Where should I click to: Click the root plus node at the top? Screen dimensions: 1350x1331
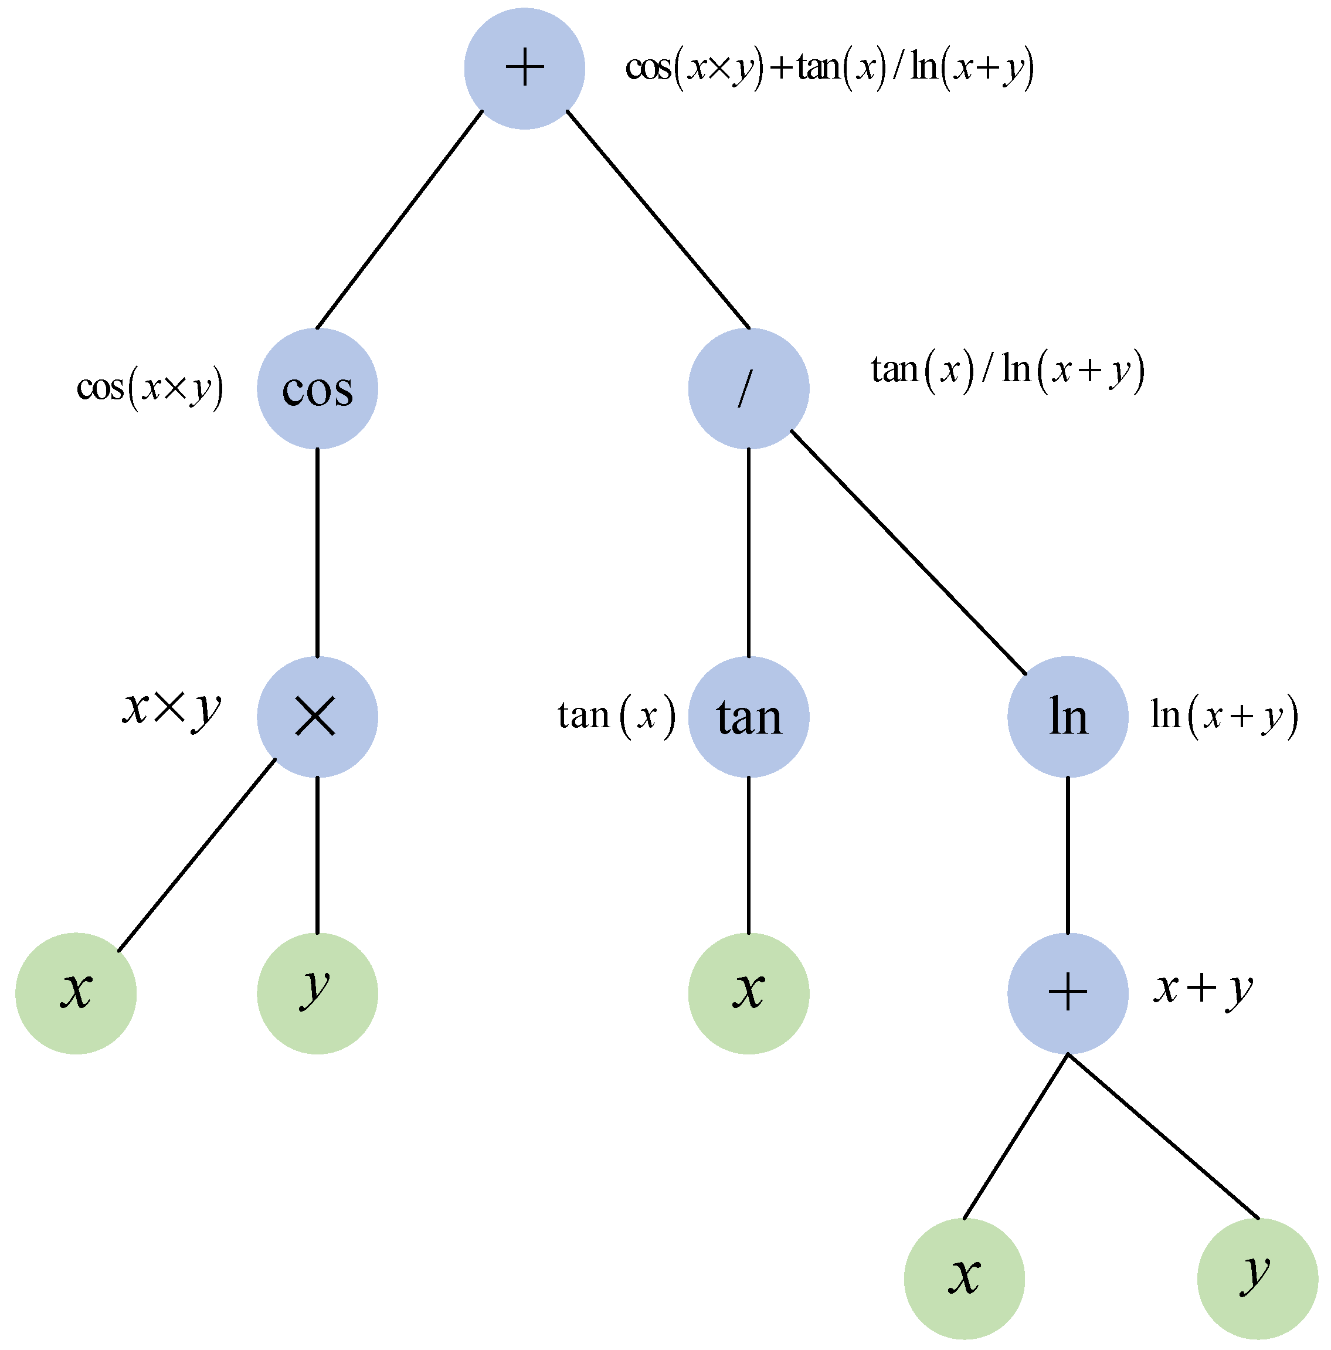coord(524,69)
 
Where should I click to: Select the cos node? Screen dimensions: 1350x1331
coord(317,388)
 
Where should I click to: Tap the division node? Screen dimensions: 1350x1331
coord(748,388)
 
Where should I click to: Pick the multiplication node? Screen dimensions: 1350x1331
coord(317,717)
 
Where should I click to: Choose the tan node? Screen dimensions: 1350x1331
coord(748,717)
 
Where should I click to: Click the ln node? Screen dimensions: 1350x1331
coord(1067,717)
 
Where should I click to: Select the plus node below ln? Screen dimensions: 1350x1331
coord(1067,993)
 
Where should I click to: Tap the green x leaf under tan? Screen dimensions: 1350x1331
coord(748,993)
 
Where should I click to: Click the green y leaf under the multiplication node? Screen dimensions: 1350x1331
coord(317,993)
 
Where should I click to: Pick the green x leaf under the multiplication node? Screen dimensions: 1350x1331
coord(76,993)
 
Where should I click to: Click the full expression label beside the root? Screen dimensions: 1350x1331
coord(829,69)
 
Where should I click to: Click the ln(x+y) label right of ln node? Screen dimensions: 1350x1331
coord(1223,715)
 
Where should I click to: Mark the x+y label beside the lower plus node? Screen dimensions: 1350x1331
coord(1203,989)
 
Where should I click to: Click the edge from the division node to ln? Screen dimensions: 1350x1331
coord(908,552)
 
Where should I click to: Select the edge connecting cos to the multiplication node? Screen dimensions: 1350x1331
coord(317,552)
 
